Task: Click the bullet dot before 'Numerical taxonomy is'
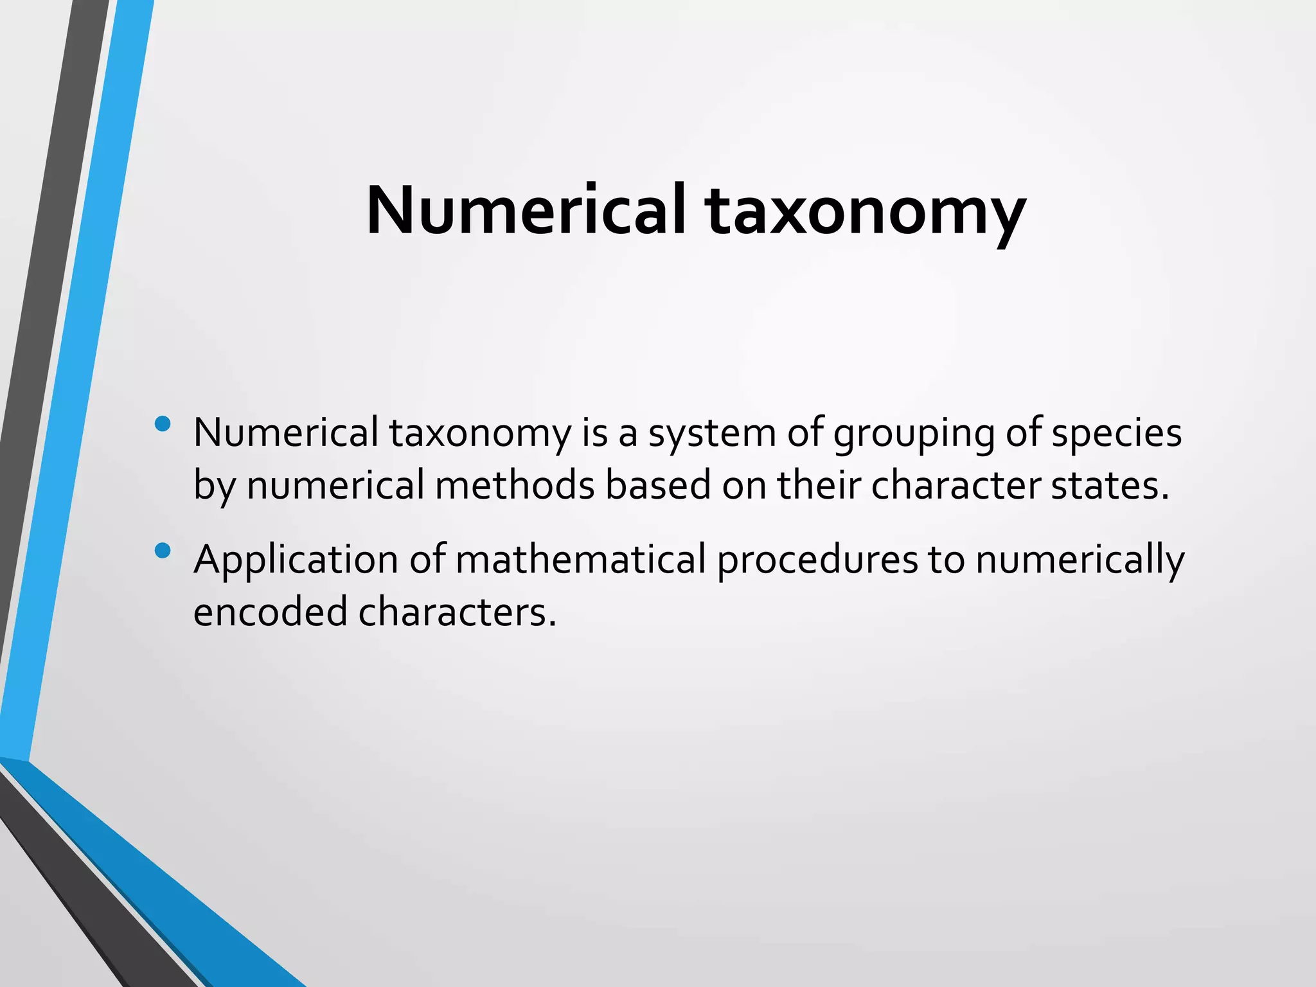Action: [163, 424]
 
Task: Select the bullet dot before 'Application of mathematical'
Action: [163, 551]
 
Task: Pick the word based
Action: [658, 485]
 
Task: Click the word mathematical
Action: [581, 559]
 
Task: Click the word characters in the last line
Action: [457, 611]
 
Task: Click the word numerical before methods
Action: [335, 485]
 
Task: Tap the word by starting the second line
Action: [215, 486]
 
